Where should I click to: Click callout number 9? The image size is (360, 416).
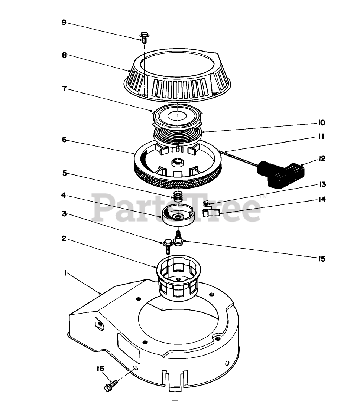tap(64, 23)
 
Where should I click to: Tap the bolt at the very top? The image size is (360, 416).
tap(144, 36)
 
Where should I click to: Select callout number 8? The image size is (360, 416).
tap(64, 55)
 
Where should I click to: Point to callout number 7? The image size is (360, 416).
tap(64, 89)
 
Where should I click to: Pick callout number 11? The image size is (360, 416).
tap(321, 136)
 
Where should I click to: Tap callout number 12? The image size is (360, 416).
tap(322, 159)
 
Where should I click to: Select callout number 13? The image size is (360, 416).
tap(322, 185)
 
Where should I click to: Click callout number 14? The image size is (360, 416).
tap(322, 200)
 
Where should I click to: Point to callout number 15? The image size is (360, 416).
tap(321, 259)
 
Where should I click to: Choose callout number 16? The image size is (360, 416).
tap(100, 368)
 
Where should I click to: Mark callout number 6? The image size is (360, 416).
tap(64, 140)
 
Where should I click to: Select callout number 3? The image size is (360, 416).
tap(64, 214)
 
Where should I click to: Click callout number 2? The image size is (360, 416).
tap(64, 239)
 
